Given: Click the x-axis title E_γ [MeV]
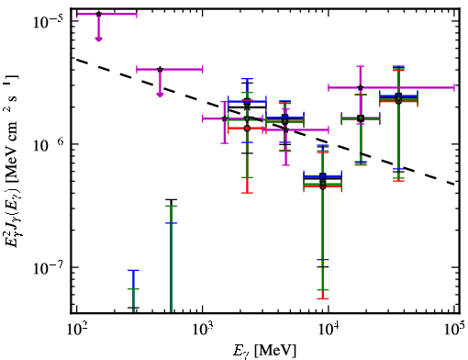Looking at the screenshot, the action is coord(264,351).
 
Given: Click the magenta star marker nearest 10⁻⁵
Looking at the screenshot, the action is coord(98,14).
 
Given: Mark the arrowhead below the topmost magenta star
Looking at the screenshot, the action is coord(98,39).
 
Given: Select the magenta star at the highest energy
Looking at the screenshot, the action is coord(361,87).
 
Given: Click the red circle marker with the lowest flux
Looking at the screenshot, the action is coord(323,186).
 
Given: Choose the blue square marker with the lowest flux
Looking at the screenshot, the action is coord(323,176).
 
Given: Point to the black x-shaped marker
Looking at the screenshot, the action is coord(247,107).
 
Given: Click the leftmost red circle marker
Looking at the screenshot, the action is coord(247,129).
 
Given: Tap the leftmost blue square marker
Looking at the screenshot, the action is coord(247,102).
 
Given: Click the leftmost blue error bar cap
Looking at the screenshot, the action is coord(133,270).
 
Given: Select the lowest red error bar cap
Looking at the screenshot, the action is coord(323,298).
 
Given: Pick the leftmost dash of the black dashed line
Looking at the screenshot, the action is coord(82,61).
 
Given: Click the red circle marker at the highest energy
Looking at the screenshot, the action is coord(398,101).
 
